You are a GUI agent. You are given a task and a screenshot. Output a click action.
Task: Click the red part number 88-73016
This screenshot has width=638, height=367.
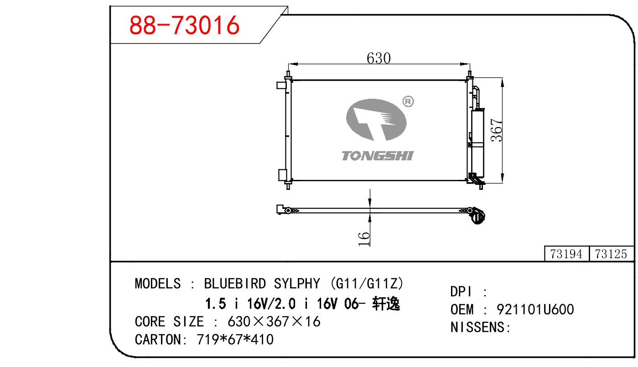click(x=184, y=25)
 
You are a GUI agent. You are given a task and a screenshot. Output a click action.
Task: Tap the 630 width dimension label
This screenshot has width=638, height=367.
click(x=379, y=58)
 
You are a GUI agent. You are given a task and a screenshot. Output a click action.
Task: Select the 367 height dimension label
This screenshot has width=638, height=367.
click(x=497, y=130)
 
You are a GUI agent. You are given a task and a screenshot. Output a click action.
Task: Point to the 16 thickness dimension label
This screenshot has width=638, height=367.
click(x=364, y=239)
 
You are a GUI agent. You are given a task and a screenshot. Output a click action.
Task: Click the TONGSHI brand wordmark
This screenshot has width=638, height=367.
click(x=378, y=156)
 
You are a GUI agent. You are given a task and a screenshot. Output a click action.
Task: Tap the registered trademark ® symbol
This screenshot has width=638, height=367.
click(x=408, y=102)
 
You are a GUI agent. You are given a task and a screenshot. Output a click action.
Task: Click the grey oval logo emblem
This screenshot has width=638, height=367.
click(x=376, y=120)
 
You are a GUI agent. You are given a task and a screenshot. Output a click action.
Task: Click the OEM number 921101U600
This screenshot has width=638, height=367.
click(x=535, y=309)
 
